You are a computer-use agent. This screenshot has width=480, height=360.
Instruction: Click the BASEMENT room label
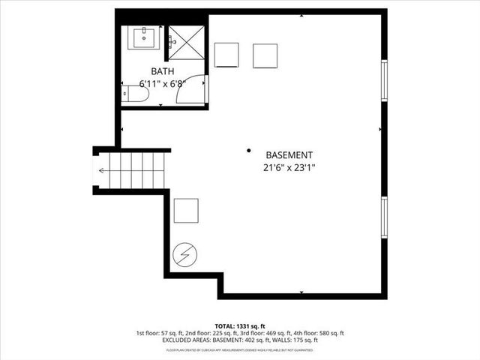283,154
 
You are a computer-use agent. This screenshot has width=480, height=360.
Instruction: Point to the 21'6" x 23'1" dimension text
283,168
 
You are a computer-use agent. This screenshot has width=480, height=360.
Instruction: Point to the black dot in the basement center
249,150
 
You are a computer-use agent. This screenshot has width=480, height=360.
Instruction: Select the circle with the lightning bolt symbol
184,255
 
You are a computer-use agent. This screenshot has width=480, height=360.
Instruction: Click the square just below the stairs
186,211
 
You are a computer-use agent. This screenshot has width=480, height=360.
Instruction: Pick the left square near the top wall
227,55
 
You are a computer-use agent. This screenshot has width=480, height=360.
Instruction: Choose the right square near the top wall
265,55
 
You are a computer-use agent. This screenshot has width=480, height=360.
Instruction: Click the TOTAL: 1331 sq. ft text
240,325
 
